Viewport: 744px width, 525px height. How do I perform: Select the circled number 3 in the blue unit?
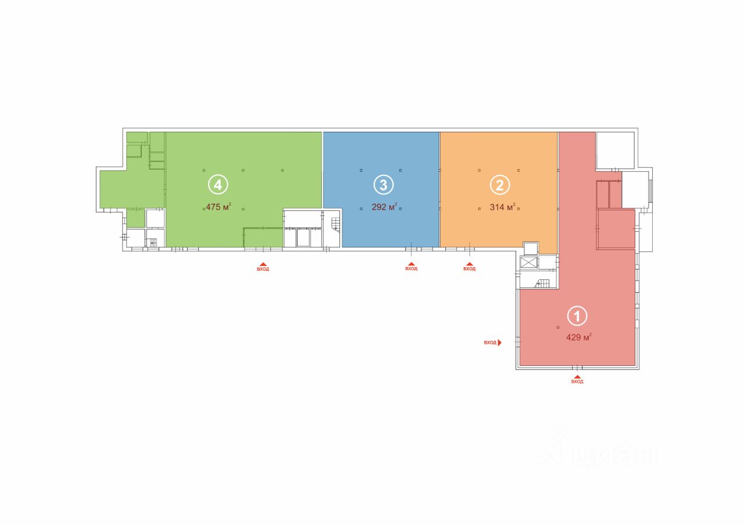coord(383,185)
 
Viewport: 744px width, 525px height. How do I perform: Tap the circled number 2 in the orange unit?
coord(500,185)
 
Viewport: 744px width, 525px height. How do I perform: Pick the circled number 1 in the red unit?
coord(577,317)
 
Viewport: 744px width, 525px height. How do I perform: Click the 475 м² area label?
coord(219,206)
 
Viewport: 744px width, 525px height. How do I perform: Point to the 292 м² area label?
coord(384,206)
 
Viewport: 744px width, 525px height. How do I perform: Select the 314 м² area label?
coord(503,206)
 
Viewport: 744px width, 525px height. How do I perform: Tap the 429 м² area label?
coord(579,337)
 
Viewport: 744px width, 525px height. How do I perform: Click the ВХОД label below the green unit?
coord(263,269)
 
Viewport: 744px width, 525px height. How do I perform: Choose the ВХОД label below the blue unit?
coord(412,269)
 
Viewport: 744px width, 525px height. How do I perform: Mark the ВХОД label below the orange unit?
coord(470,269)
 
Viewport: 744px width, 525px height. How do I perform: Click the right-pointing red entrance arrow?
coord(499,343)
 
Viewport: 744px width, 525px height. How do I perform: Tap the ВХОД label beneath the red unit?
coord(577,382)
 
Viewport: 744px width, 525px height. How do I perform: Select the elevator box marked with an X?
coord(529,262)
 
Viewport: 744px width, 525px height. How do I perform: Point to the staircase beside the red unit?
coord(543,283)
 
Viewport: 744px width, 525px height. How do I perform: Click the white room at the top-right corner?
coord(615,150)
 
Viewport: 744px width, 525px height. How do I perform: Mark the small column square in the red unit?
coord(559,327)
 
